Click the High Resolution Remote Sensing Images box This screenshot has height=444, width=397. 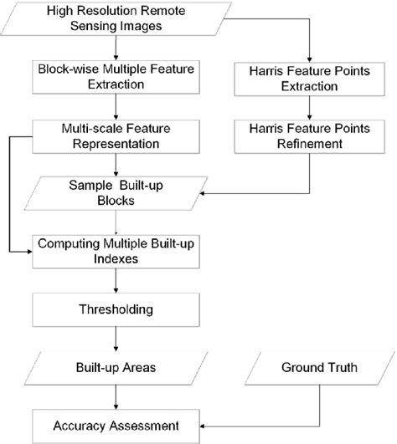click(117, 20)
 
